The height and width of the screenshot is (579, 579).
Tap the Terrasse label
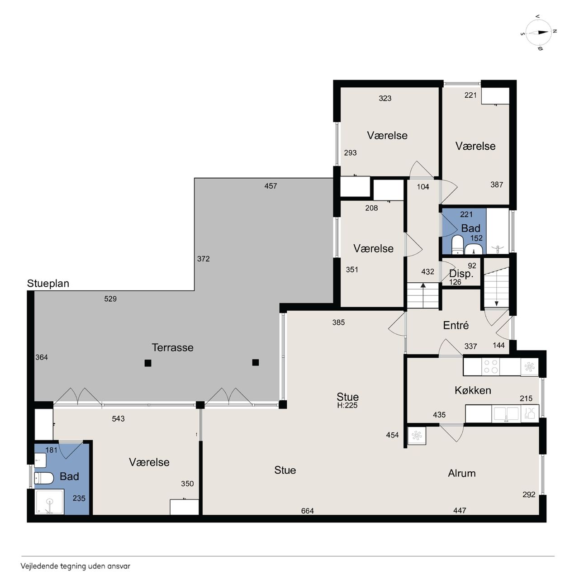click(x=172, y=348)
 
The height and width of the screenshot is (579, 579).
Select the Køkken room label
click(x=473, y=390)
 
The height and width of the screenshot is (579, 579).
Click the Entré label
click(x=456, y=325)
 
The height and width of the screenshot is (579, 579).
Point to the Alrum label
click(x=462, y=474)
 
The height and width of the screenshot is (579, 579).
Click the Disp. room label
click(x=461, y=274)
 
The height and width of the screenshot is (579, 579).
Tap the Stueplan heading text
click(x=48, y=284)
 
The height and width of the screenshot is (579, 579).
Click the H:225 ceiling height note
click(x=347, y=405)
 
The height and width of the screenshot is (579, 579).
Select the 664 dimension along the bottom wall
click(x=308, y=511)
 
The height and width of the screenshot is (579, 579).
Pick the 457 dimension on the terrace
click(x=271, y=186)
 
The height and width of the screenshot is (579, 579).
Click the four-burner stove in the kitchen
click(x=490, y=366)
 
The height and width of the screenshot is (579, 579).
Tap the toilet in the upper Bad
click(x=457, y=244)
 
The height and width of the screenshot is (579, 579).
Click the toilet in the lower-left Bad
click(x=44, y=478)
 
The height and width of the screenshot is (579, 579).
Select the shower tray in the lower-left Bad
click(x=50, y=502)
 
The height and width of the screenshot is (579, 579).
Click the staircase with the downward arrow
click(x=496, y=287)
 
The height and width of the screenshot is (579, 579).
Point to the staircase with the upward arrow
click(x=423, y=295)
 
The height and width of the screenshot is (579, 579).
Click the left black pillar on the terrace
click(x=148, y=363)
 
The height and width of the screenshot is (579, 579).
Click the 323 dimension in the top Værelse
click(x=385, y=98)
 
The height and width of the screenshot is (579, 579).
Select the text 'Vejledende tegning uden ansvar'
click(x=76, y=566)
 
